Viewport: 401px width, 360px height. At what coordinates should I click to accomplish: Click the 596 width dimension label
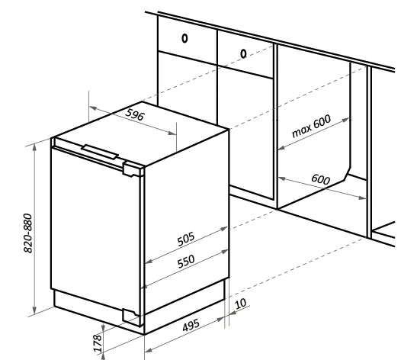135,114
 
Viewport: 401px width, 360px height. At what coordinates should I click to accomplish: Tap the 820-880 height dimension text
28,233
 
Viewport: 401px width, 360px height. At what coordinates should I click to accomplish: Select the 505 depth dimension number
186,239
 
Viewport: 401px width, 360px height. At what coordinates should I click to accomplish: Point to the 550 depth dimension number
186,262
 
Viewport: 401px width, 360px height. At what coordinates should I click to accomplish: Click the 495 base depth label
191,325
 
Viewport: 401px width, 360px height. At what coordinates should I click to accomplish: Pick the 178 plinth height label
98,343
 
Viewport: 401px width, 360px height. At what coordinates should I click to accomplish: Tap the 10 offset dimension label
240,304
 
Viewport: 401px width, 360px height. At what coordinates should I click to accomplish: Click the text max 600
311,126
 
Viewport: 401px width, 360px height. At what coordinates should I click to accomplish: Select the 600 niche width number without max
320,179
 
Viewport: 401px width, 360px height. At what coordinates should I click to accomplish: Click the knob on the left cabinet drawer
184,38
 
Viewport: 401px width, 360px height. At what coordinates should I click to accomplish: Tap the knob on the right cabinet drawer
243,53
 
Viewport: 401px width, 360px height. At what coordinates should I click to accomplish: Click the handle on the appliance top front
100,152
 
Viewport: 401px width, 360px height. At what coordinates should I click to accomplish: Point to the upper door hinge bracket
133,169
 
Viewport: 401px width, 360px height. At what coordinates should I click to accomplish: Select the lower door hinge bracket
131,317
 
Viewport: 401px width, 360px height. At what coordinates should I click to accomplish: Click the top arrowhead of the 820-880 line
35,147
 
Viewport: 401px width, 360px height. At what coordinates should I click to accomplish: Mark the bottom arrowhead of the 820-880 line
35,310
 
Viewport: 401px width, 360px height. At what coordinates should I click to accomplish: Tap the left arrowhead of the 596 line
92,108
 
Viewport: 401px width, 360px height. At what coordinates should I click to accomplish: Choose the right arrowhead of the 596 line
172,133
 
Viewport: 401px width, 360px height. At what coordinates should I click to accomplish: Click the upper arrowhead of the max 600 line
346,120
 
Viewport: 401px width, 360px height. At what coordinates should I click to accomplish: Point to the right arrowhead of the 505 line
224,229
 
